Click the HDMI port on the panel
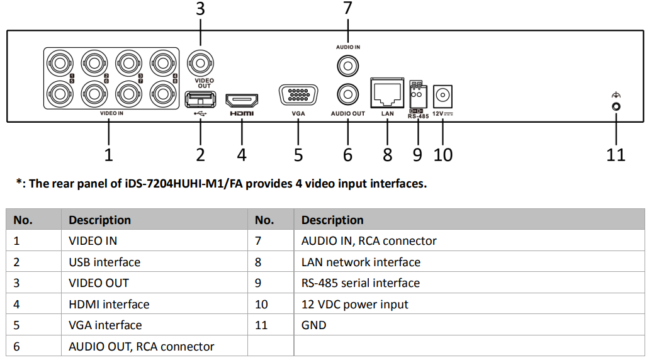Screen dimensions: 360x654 242,100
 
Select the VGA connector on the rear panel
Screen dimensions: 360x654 298,96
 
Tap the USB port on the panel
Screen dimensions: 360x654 200,99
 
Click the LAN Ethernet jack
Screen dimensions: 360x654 387,95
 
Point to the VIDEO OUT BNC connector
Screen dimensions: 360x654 201,64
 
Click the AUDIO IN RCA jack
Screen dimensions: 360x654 347,64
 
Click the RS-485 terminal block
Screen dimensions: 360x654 417,95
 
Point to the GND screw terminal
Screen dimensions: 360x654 616,106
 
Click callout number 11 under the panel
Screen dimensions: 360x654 616,154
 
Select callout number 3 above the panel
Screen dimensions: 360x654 200,9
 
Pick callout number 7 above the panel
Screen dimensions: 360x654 347,8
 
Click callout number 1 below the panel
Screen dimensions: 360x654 108,154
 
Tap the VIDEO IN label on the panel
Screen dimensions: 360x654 111,114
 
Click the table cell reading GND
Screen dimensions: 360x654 313,325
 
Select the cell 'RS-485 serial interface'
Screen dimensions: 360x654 360,283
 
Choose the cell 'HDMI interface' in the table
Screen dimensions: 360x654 109,305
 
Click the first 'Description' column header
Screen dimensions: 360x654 99,220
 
